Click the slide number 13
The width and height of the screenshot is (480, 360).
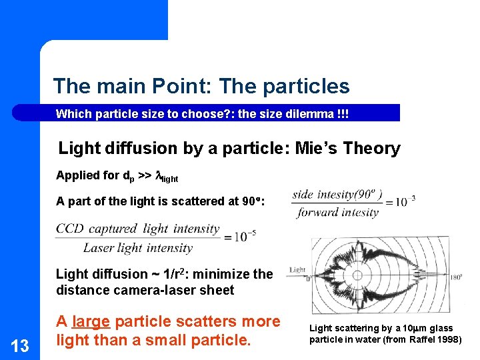[21, 345]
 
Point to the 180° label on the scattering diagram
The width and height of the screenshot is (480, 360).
[456, 277]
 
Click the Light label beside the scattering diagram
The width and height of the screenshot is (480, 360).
[297, 270]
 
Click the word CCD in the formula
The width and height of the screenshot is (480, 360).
[69, 229]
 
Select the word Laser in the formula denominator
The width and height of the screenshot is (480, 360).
[98, 248]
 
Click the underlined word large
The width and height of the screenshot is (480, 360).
[91, 321]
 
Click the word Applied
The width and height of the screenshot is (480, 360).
[77, 176]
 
